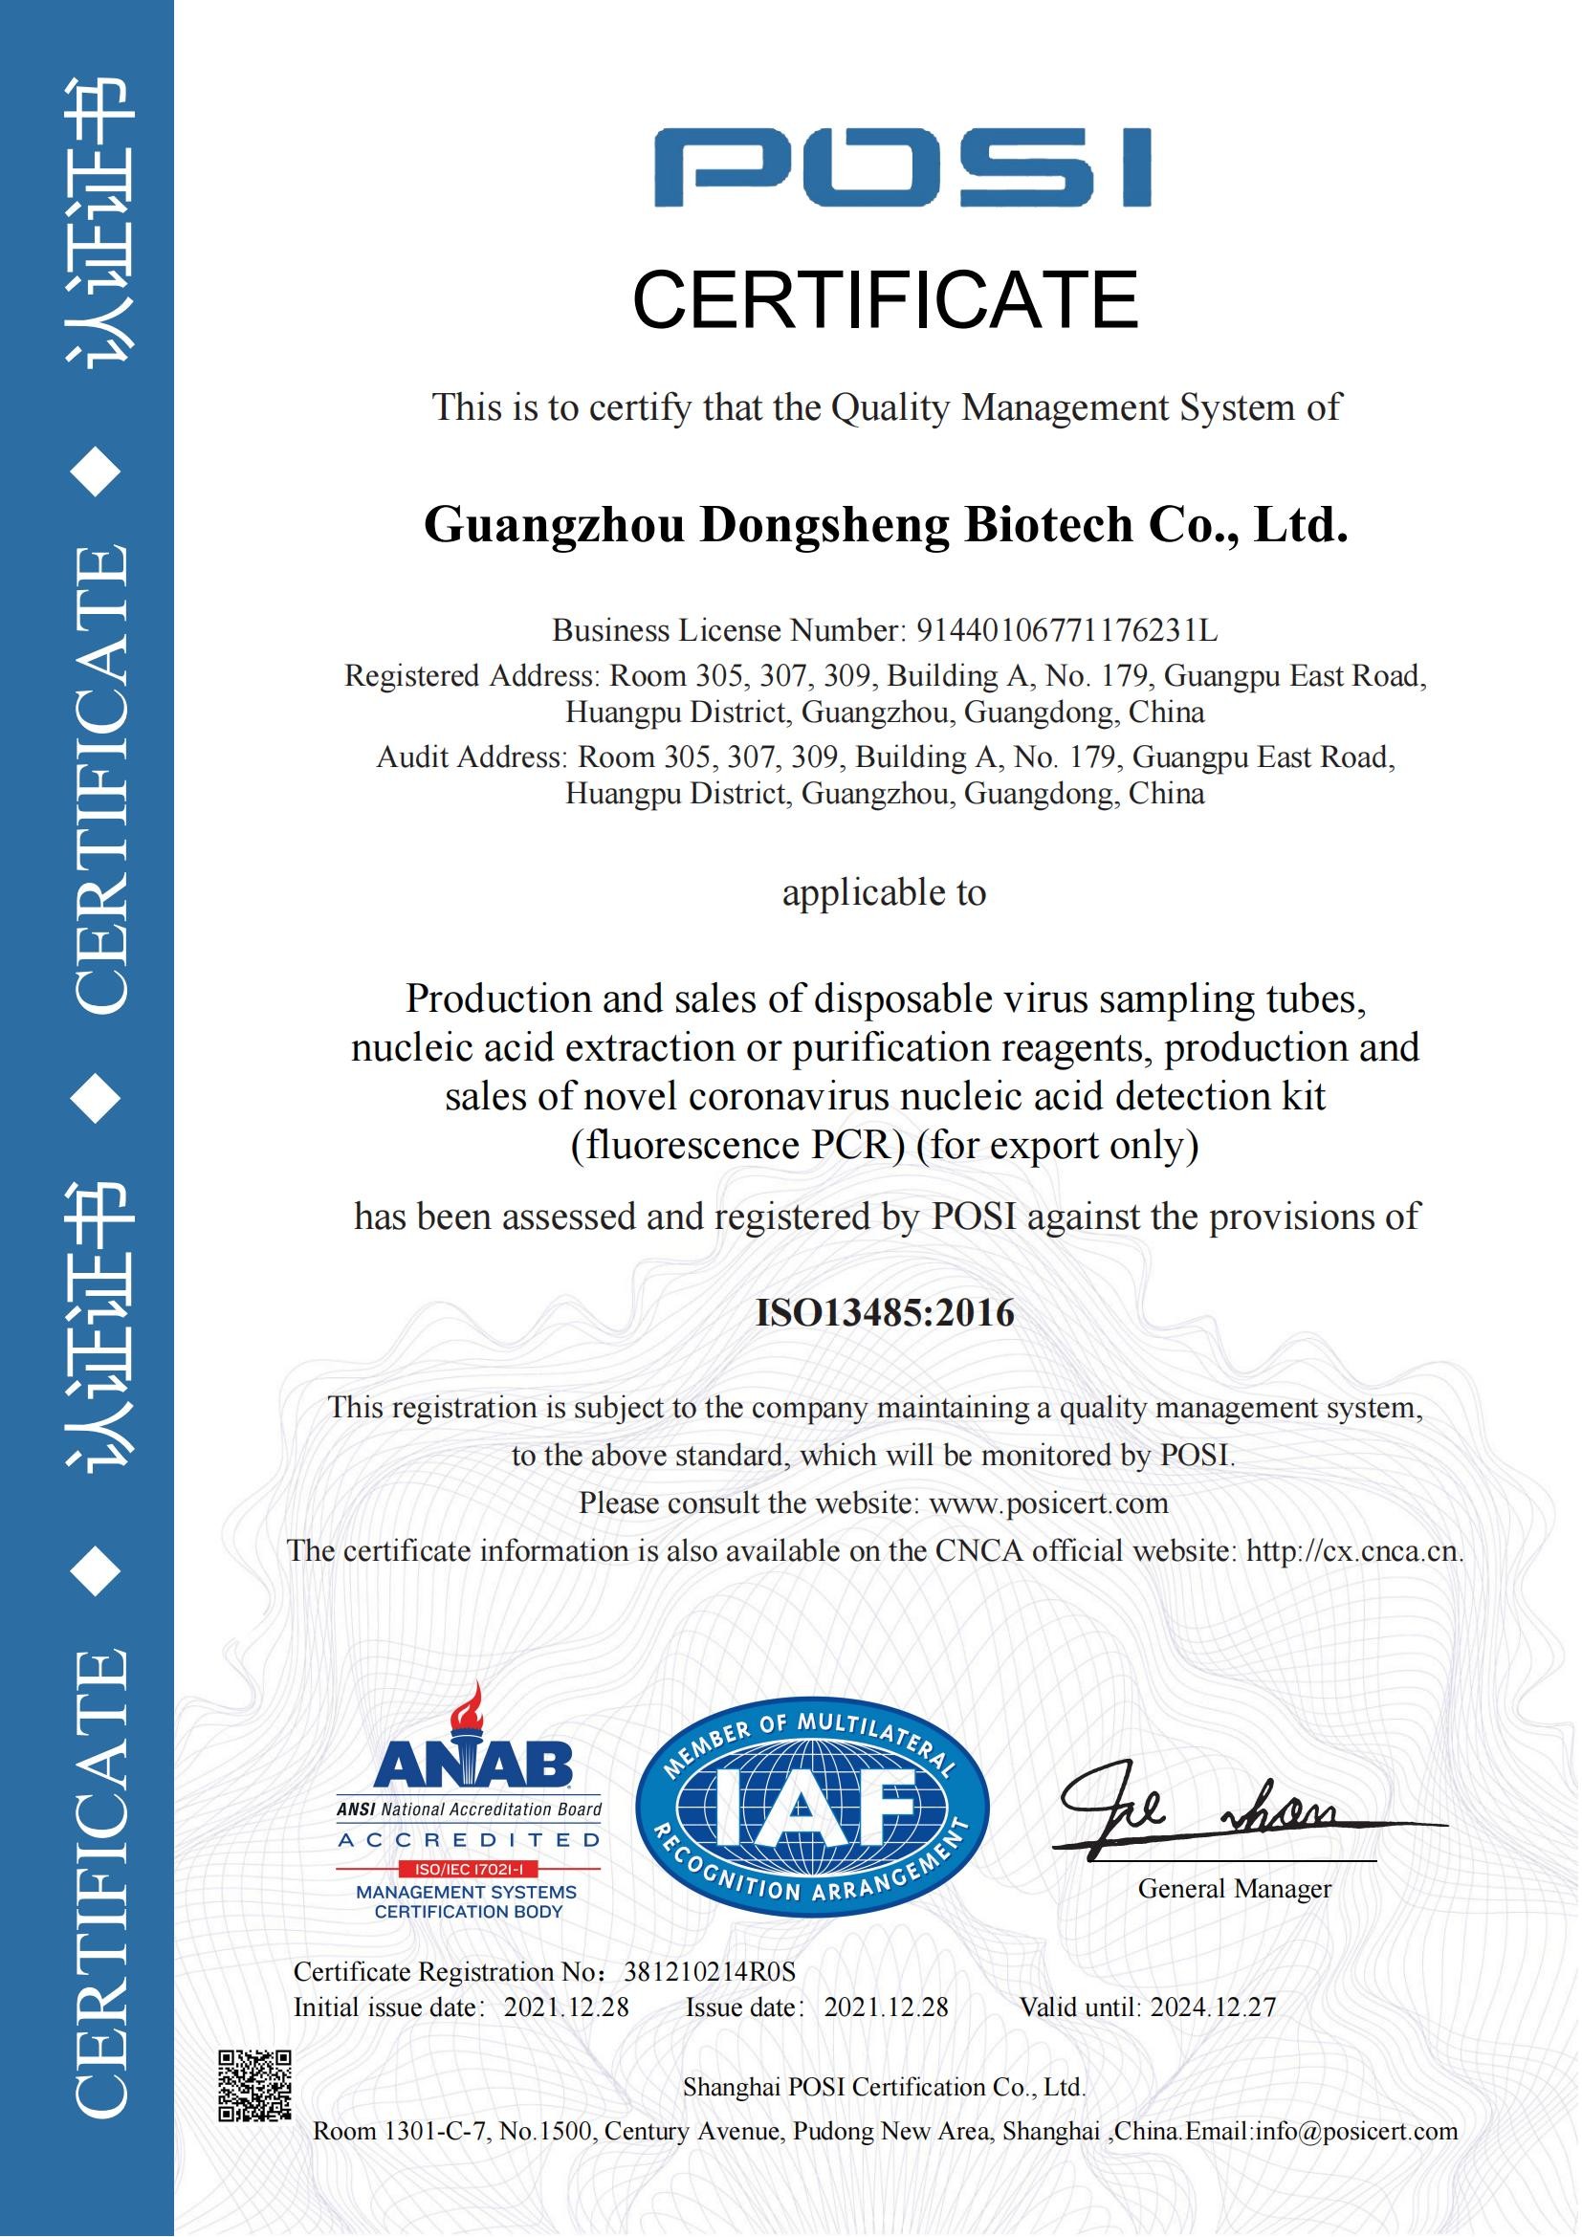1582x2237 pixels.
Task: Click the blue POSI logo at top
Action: (x=901, y=166)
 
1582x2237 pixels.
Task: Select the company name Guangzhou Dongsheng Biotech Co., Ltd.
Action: (x=886, y=525)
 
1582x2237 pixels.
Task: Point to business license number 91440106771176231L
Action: (x=1066, y=631)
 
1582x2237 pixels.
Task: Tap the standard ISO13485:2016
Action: (x=885, y=1313)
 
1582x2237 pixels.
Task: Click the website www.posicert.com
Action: (x=1048, y=1502)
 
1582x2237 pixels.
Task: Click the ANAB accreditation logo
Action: (x=469, y=1818)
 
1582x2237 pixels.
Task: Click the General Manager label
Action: (x=1233, y=1889)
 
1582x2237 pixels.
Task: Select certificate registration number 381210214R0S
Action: (x=709, y=1972)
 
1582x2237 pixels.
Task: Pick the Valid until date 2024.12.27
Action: (x=1213, y=2007)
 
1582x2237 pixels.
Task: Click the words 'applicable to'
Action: (x=884, y=892)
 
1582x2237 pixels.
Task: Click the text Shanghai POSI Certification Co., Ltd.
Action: (x=884, y=2087)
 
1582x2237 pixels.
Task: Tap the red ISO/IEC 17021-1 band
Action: (x=469, y=1870)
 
